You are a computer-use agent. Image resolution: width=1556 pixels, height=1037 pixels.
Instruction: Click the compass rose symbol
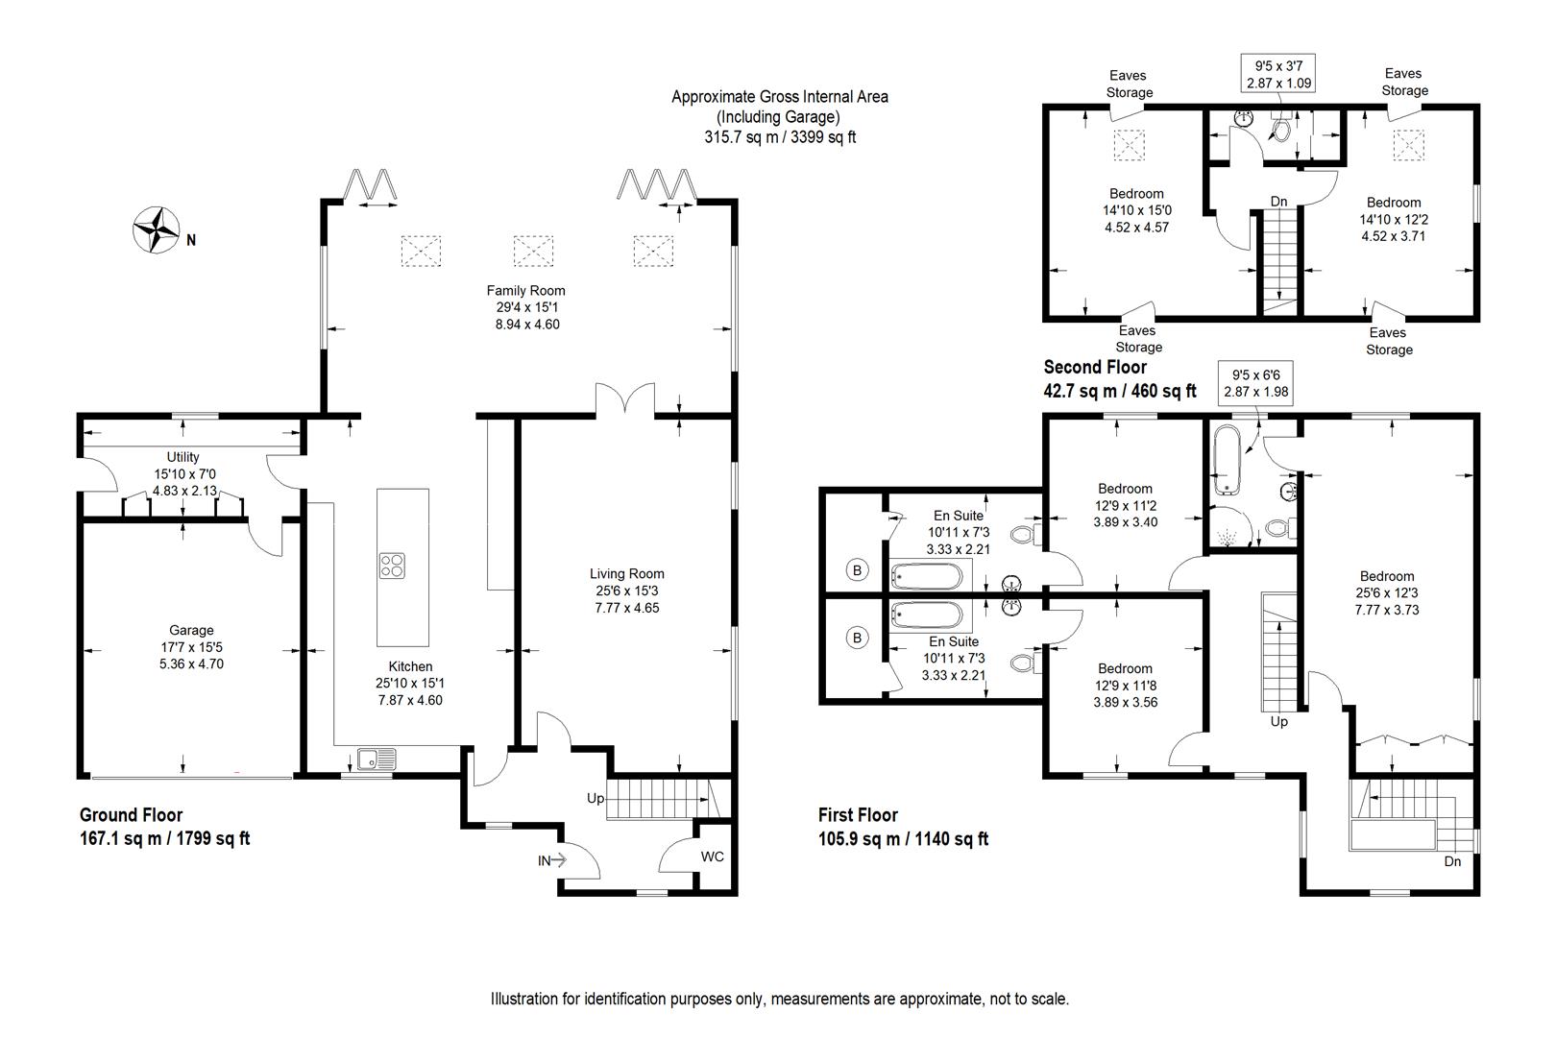(x=157, y=230)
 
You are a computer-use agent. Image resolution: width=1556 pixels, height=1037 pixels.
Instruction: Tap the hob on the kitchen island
(x=392, y=566)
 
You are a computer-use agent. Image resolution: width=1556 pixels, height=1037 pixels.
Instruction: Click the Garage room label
(x=191, y=631)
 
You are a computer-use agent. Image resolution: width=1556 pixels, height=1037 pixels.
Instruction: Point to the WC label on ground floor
(x=712, y=856)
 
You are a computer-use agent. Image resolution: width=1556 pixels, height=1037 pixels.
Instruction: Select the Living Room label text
(x=626, y=574)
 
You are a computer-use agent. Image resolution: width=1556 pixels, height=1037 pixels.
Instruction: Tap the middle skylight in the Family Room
(x=533, y=251)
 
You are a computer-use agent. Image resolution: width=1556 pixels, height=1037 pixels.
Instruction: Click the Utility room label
(x=182, y=457)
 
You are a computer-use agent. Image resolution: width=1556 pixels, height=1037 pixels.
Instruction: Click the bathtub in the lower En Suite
(x=926, y=615)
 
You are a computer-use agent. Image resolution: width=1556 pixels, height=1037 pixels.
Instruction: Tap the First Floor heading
(x=857, y=815)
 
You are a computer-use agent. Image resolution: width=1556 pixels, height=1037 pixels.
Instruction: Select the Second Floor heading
(x=1094, y=367)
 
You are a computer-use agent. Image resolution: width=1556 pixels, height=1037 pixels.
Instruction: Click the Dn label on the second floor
(x=1278, y=202)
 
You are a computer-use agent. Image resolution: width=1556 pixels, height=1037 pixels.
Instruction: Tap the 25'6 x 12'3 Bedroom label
(x=1386, y=577)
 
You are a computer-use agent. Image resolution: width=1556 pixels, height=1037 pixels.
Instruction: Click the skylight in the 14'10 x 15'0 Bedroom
(x=1129, y=146)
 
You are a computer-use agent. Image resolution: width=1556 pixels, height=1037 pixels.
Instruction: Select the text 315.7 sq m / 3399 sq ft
(x=779, y=137)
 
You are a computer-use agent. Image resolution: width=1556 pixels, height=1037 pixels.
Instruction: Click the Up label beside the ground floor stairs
(x=596, y=798)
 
